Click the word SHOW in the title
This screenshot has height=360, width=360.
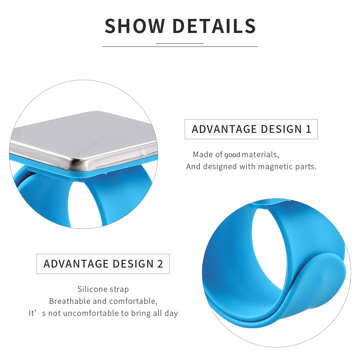(135, 26)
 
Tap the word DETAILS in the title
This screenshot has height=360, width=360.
(214, 26)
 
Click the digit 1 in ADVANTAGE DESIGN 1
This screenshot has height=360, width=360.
(308, 129)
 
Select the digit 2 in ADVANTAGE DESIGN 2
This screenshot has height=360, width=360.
(160, 264)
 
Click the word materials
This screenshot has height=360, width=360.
(260, 154)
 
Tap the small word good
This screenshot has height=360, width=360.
(232, 155)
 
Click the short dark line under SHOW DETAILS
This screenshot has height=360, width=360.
(180, 44)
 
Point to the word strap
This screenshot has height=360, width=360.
(119, 289)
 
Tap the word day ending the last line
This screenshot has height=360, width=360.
(171, 313)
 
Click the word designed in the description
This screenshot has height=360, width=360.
(220, 166)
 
